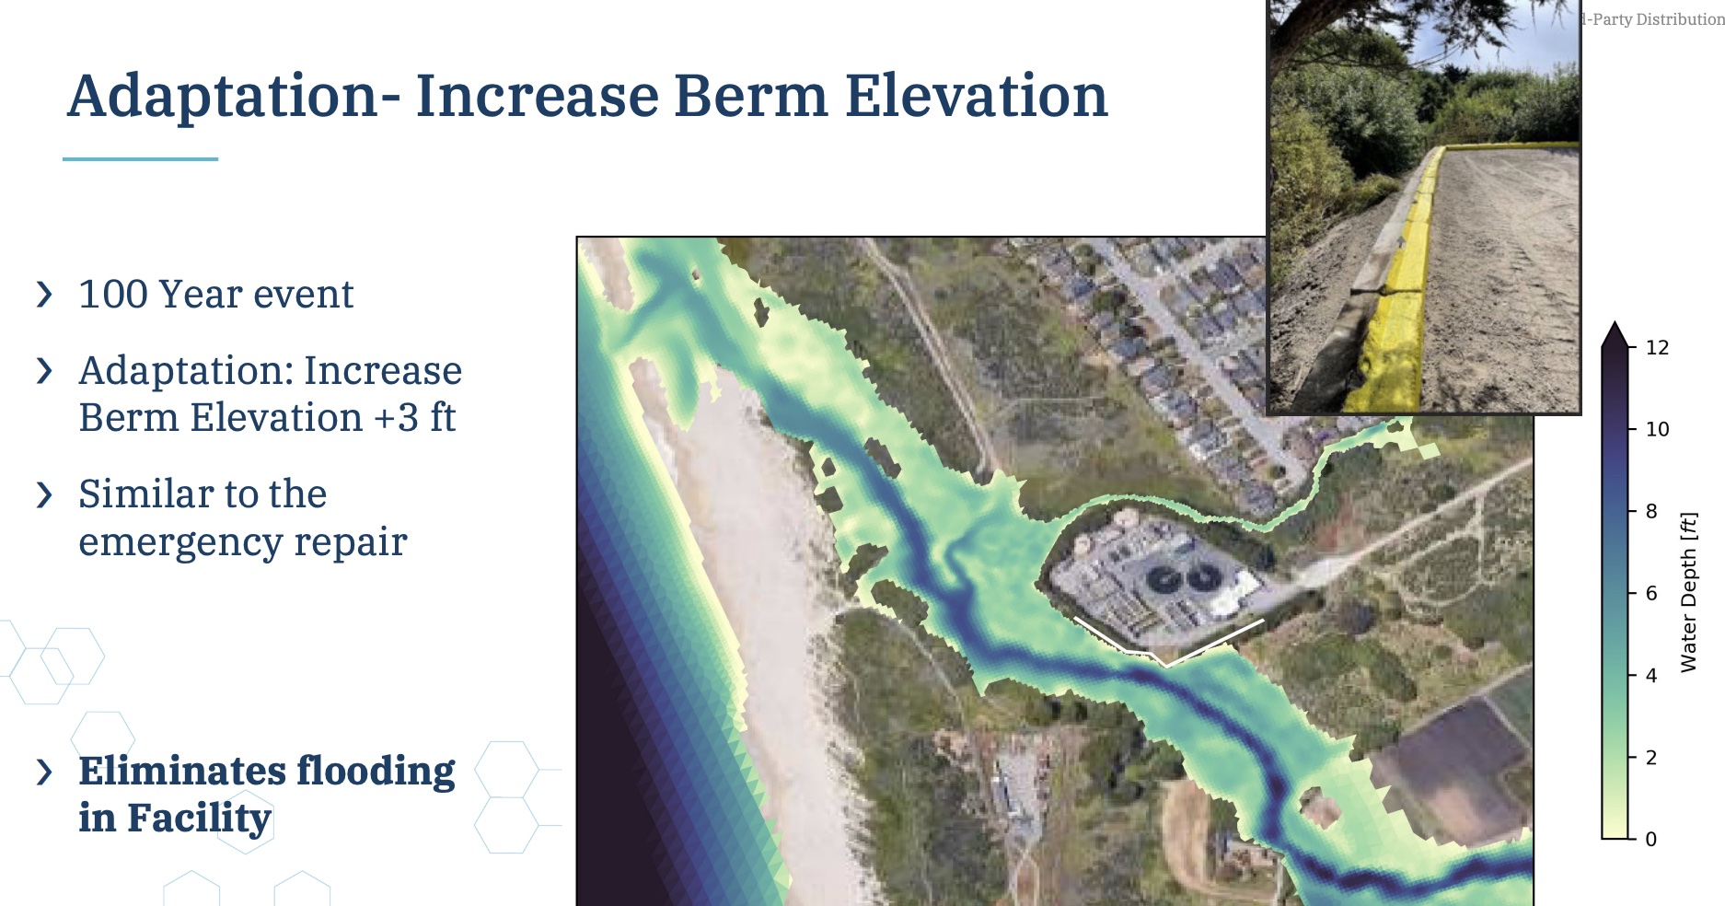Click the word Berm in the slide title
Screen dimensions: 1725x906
750,96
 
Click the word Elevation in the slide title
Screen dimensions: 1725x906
977,96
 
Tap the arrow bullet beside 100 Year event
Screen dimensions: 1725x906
44,295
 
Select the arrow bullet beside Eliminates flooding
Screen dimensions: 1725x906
44,772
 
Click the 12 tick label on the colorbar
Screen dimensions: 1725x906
1657,347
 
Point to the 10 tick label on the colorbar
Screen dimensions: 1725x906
1657,429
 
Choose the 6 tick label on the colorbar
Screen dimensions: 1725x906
1651,593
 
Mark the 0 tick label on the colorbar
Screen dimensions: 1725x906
1651,839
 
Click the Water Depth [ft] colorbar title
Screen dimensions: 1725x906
1688,592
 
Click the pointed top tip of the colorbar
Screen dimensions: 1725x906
1615,322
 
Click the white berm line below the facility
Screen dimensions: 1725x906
1166,663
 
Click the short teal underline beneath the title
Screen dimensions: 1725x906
140,159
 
